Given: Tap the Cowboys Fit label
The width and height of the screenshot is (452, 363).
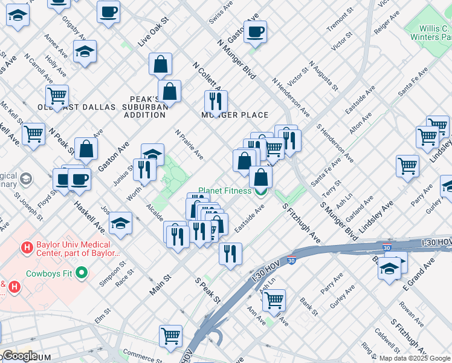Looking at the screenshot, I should point(49,273).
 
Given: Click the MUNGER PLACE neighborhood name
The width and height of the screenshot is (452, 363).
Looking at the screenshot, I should point(235,115).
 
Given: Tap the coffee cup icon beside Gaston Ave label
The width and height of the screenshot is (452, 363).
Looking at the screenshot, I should point(255,32).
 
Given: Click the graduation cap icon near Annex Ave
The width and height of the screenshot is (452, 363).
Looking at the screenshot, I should point(86,52).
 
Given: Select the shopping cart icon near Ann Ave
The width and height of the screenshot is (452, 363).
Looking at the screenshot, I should point(274,299).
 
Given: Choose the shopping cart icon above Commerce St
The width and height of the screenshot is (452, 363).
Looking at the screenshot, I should point(171,335).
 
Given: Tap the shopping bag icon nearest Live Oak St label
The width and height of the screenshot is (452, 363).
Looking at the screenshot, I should point(161,64).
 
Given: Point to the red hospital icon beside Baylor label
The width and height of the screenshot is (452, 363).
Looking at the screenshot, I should point(27,248).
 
